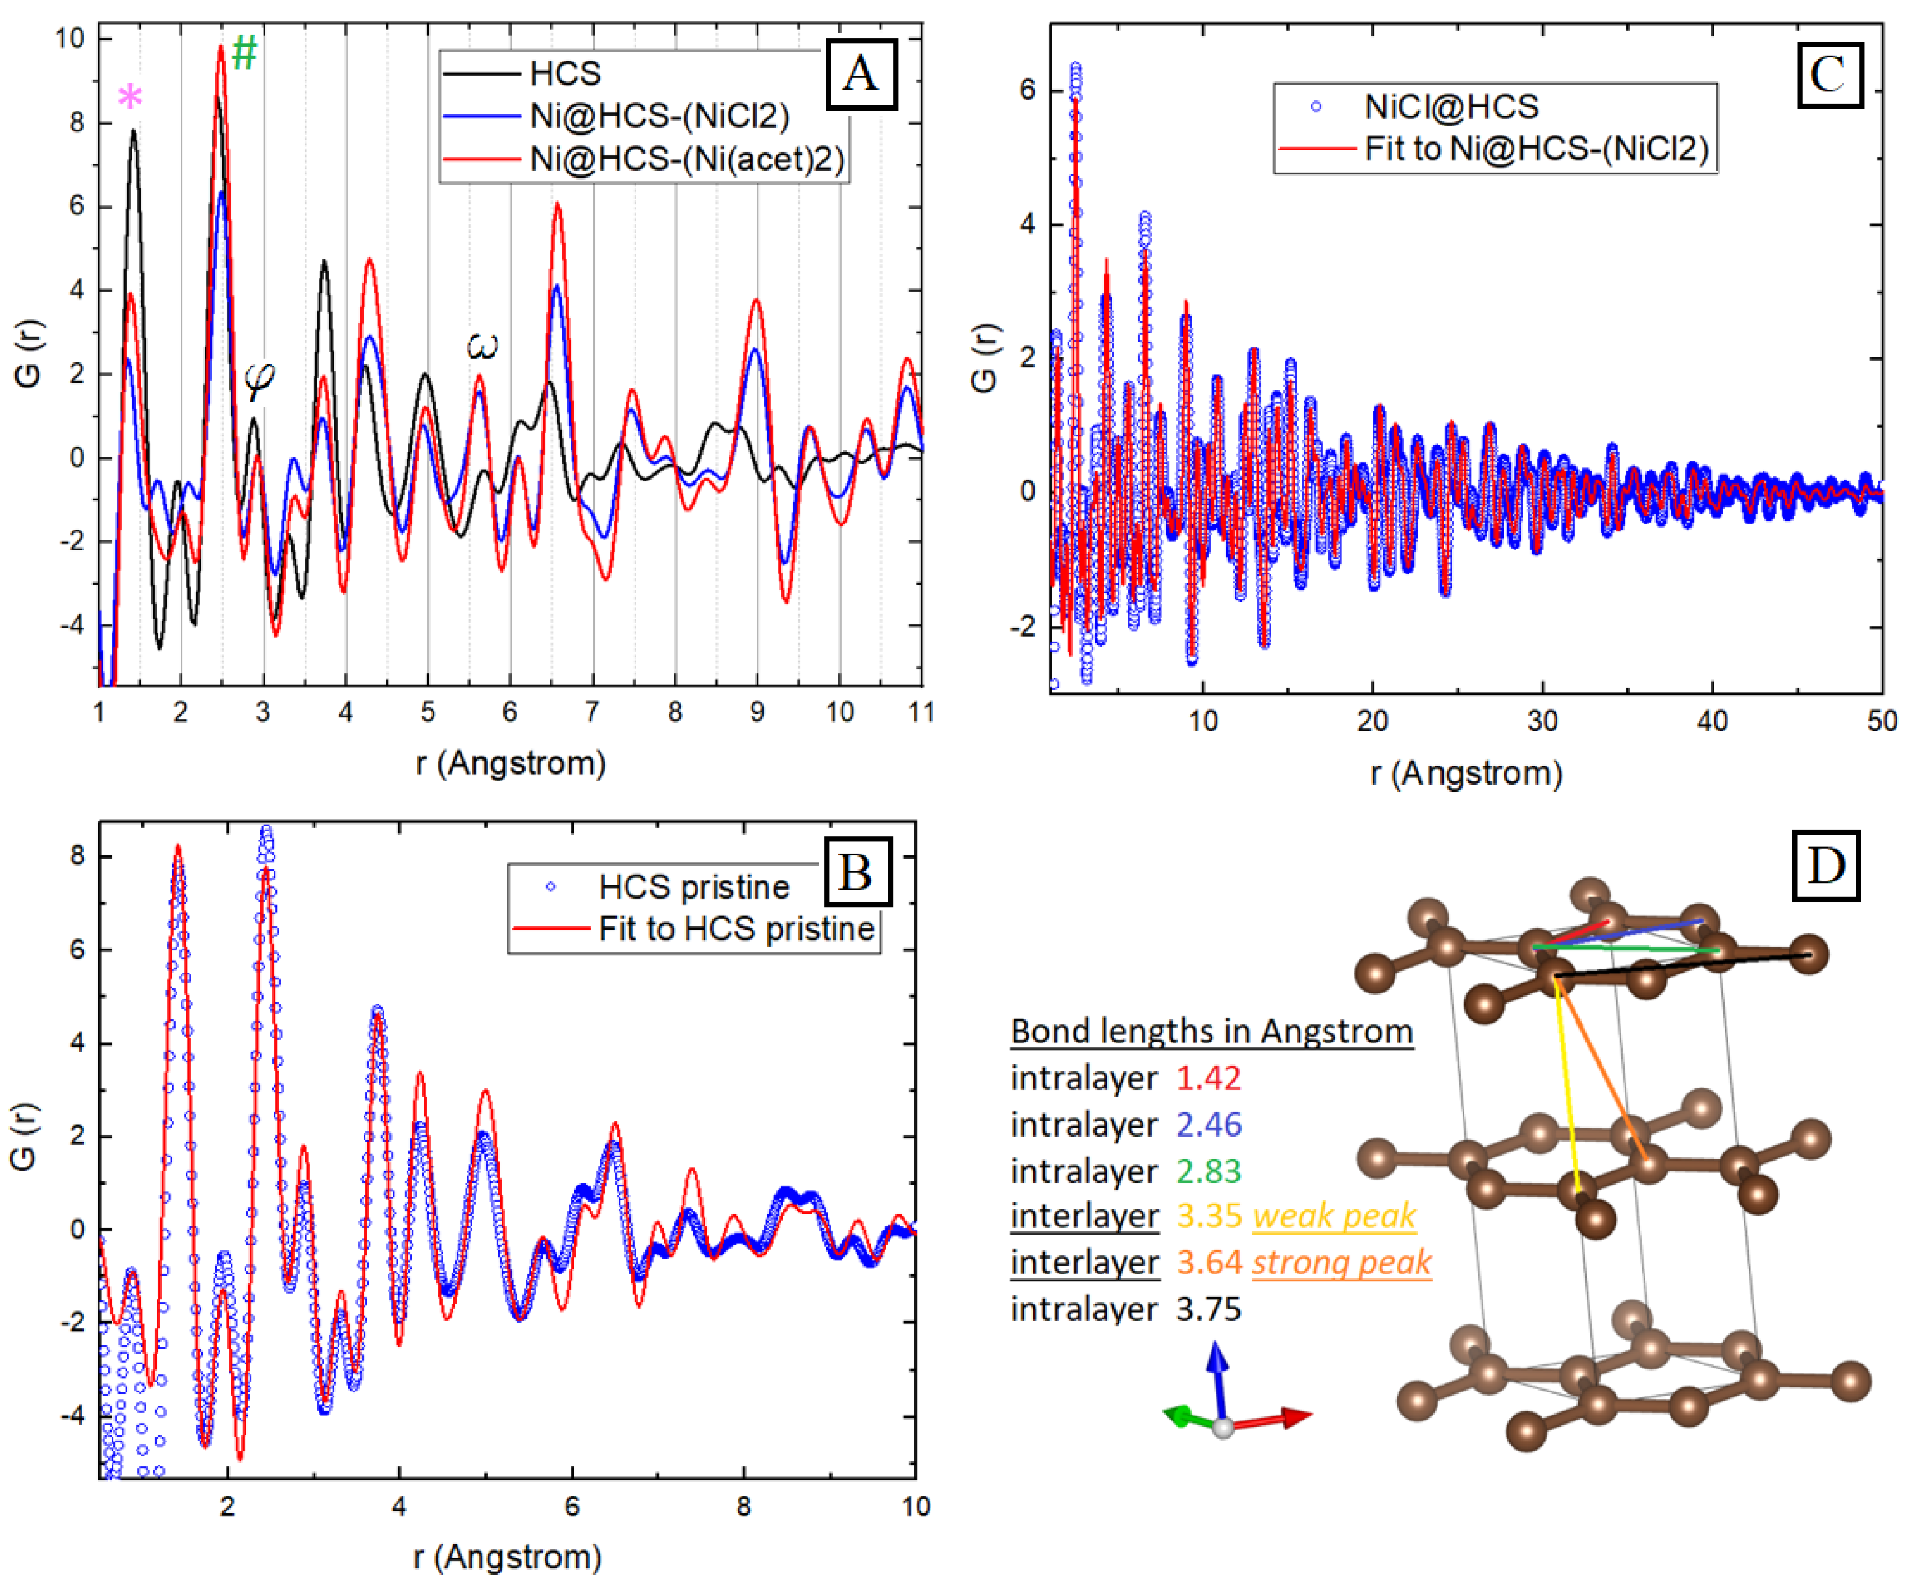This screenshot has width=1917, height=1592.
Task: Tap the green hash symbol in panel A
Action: tap(243, 53)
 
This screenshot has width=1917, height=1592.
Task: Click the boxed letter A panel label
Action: tap(861, 73)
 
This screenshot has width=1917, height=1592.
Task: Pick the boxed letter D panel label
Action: tap(1826, 864)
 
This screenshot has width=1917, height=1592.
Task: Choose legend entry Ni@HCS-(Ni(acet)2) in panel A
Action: tap(687, 160)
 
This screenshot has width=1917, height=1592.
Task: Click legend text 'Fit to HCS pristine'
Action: tap(735, 928)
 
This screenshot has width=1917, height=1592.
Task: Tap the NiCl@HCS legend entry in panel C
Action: tap(1451, 107)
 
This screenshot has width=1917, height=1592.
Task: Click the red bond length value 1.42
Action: tap(1208, 1078)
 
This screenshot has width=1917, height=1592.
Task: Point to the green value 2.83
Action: tap(1208, 1171)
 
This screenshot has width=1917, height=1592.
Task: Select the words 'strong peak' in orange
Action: tap(1340, 1263)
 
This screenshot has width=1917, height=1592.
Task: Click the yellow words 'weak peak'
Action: tap(1334, 1216)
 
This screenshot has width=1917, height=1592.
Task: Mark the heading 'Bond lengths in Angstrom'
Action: tap(1211, 1032)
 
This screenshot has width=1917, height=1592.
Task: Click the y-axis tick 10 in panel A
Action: tap(70, 38)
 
